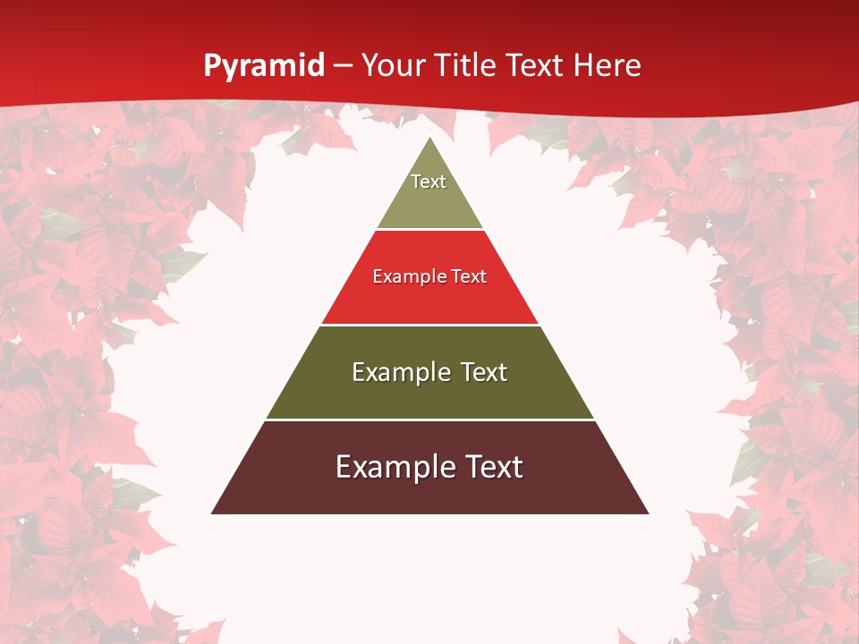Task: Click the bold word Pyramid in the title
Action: click(x=263, y=66)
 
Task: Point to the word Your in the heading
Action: click(x=391, y=65)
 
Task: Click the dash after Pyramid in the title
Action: click(x=343, y=66)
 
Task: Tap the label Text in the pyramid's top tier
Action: click(x=429, y=182)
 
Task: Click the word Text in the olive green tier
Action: click(x=484, y=372)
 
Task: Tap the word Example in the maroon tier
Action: click(x=394, y=467)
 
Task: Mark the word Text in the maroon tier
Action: click(x=493, y=467)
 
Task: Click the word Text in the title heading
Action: click(x=536, y=65)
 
